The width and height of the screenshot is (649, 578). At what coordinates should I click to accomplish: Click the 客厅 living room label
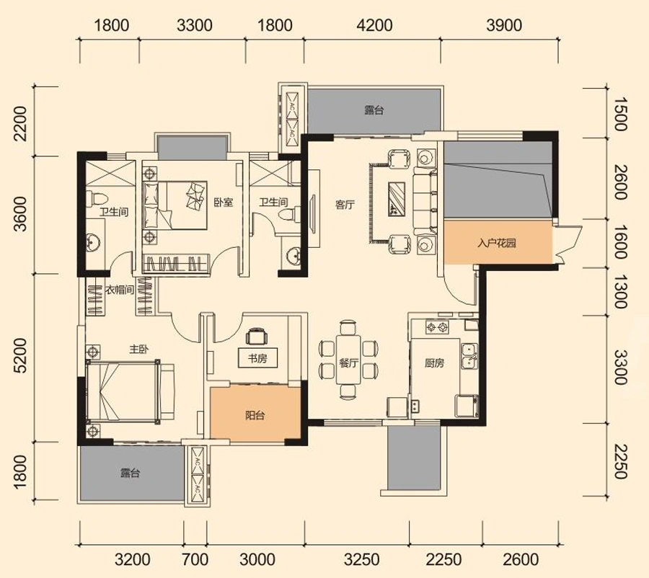pyautogui.click(x=345, y=205)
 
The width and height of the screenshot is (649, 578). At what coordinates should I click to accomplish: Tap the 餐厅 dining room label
pyautogui.click(x=348, y=364)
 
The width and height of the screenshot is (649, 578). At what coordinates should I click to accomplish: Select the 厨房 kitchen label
pyautogui.click(x=434, y=363)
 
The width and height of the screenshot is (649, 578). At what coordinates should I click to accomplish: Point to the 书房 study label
pyautogui.click(x=257, y=358)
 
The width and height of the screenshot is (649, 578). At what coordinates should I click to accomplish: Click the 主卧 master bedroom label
pyautogui.click(x=138, y=350)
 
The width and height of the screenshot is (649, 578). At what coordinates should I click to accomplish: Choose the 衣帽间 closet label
pyautogui.click(x=120, y=290)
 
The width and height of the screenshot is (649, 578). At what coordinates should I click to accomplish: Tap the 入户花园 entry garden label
pyautogui.click(x=497, y=243)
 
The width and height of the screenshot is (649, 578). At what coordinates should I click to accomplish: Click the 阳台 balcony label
pyautogui.click(x=255, y=415)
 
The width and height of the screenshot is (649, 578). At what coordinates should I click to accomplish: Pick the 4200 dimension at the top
pyautogui.click(x=374, y=25)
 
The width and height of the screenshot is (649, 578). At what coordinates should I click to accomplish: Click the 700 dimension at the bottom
pyautogui.click(x=195, y=560)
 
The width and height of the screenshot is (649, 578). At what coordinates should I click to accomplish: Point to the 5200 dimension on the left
pyautogui.click(x=19, y=355)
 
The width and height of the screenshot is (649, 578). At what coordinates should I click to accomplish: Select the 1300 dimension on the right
pyautogui.click(x=620, y=292)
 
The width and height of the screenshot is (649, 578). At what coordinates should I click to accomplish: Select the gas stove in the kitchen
pyautogui.click(x=438, y=327)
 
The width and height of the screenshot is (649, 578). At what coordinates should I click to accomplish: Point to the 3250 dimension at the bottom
pyautogui.click(x=362, y=560)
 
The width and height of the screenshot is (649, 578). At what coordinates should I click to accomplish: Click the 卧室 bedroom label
pyautogui.click(x=224, y=203)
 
